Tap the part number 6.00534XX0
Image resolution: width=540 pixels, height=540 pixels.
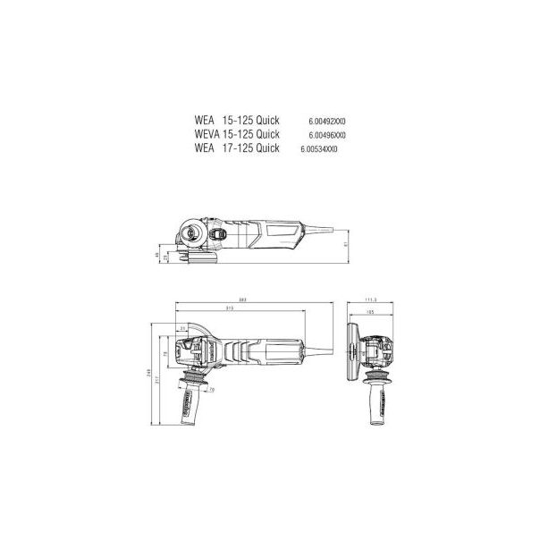pos(319,149)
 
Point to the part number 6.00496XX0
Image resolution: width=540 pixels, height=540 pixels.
pos(327,135)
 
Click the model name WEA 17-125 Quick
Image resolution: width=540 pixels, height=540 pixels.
pos(236,149)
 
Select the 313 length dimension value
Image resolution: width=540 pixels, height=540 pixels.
pos(230,309)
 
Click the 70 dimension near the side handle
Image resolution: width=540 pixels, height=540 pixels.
pos(210,390)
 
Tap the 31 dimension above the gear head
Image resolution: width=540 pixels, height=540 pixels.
pos(182,329)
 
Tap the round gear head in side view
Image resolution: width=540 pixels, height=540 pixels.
pos(191,236)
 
